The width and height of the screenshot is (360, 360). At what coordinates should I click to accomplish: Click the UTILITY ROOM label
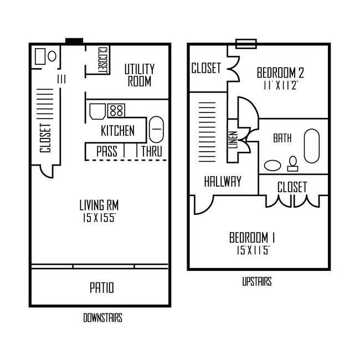139,75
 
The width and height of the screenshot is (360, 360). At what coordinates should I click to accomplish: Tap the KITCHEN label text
117,131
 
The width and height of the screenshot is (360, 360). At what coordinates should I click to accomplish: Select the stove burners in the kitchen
116,110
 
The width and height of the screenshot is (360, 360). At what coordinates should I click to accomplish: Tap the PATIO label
101,288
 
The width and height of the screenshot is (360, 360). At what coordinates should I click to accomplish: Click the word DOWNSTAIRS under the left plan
102,318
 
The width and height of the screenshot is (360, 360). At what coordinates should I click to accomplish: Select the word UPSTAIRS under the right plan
256,282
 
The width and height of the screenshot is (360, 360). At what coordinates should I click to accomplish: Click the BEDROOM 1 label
253,238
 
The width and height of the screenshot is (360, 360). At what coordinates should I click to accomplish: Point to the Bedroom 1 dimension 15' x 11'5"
253,249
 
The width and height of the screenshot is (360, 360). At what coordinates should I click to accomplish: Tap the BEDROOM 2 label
280,73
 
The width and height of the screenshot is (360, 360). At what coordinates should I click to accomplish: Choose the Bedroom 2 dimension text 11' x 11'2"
280,85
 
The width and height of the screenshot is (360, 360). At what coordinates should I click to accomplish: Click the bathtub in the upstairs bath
312,146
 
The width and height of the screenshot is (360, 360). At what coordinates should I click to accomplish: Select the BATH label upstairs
282,138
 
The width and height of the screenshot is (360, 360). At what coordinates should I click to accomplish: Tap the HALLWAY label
223,181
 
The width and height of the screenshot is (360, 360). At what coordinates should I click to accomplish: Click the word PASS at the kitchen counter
106,151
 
